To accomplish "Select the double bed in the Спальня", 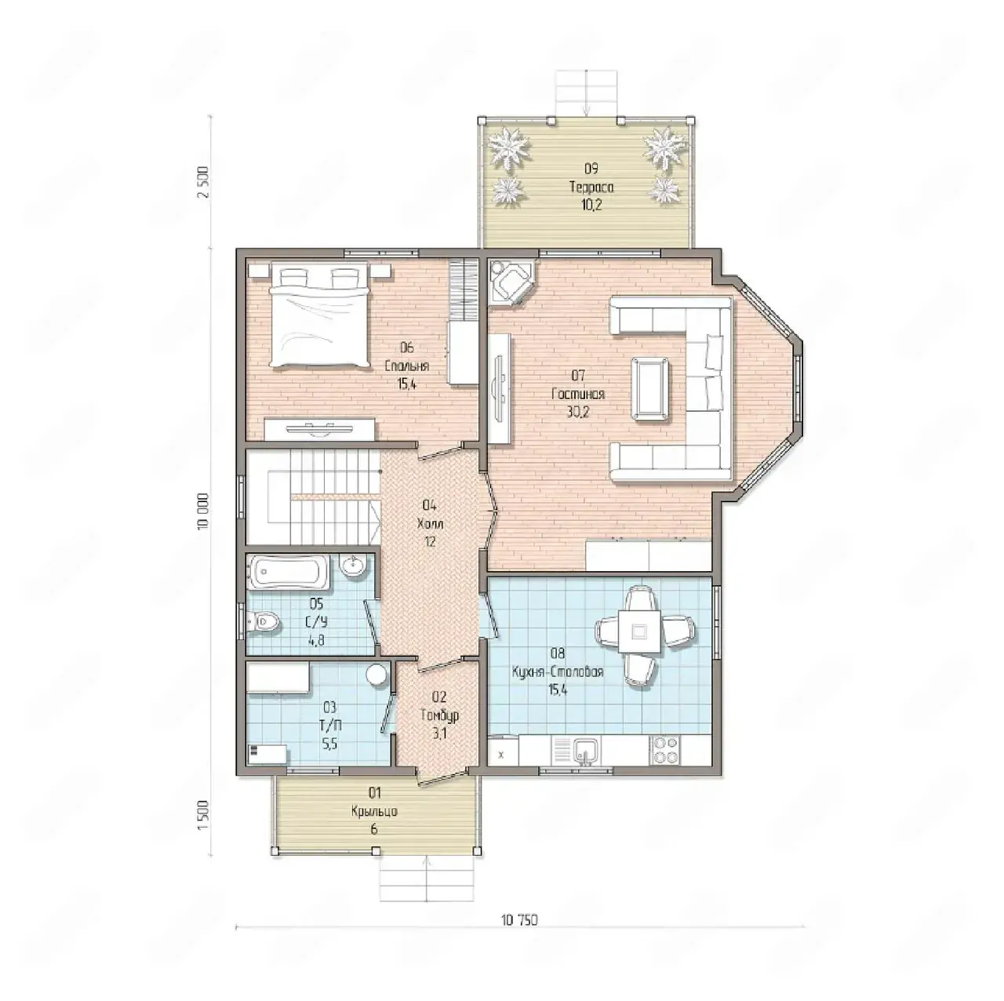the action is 320,315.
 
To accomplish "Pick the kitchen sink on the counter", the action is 586,752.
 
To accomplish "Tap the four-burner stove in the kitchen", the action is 664,750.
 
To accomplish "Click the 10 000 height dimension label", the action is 203,511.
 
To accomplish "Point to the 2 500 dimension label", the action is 203,182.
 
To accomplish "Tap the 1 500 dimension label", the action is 203,816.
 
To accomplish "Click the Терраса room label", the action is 591,187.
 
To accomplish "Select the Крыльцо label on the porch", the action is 374,811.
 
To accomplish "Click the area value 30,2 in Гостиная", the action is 578,412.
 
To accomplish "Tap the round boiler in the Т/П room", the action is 377,675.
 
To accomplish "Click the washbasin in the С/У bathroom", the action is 355,565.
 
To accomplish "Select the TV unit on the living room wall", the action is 500,389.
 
